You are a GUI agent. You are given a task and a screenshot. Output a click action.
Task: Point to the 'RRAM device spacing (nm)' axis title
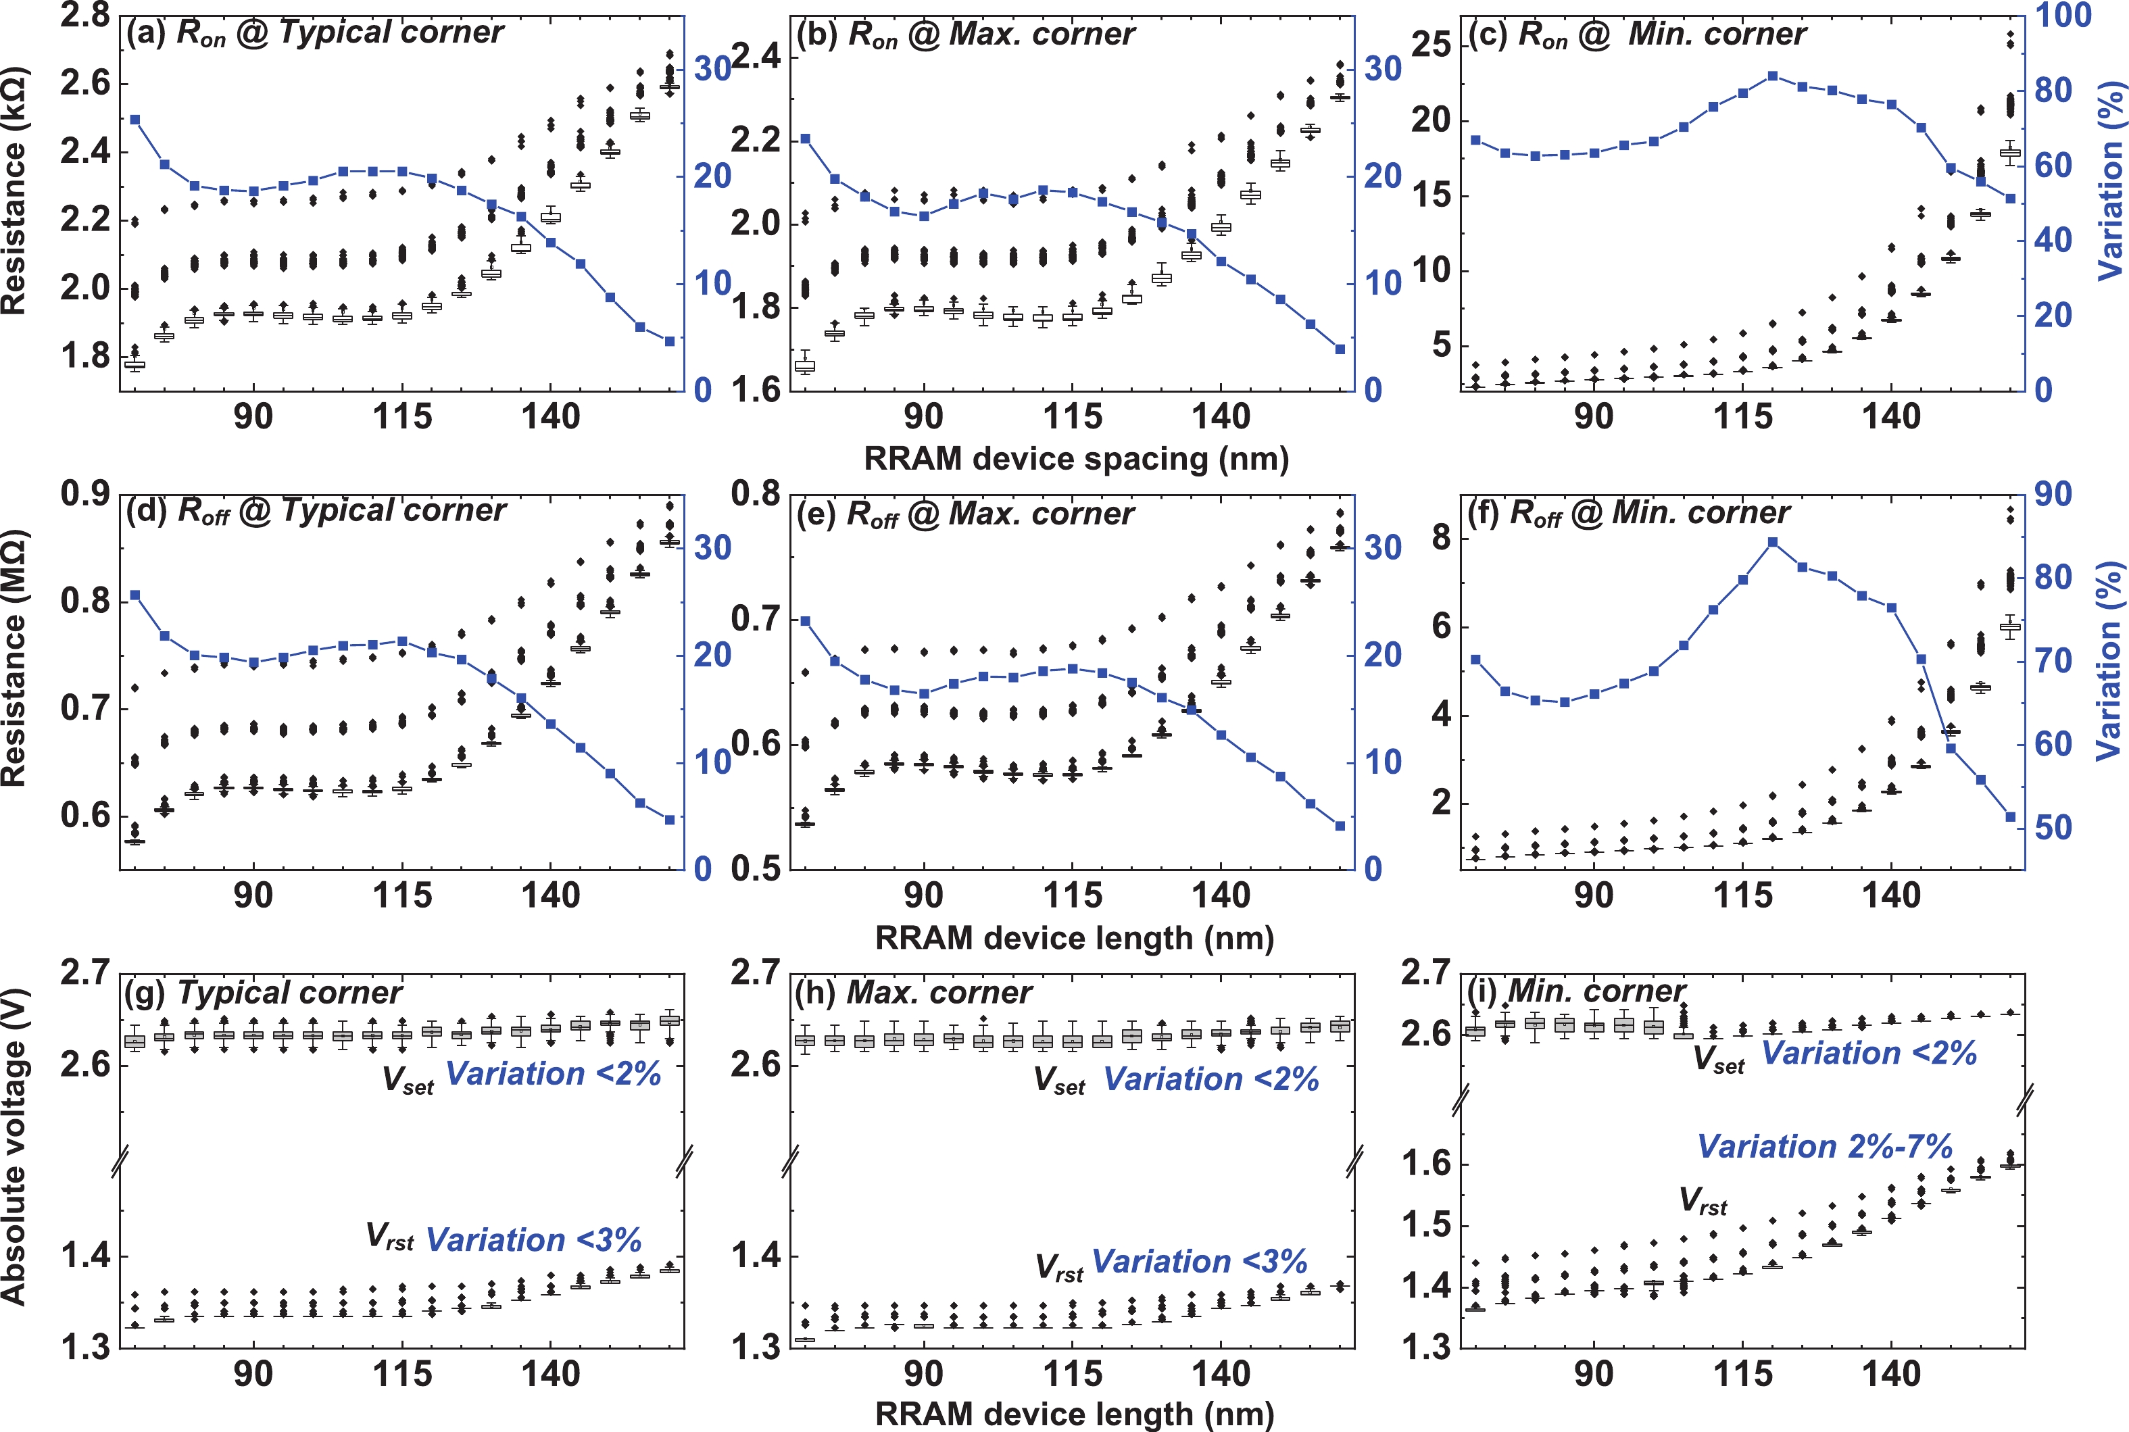[x=1076, y=458]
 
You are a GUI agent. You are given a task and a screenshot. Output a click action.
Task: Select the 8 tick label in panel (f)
[x=1441, y=538]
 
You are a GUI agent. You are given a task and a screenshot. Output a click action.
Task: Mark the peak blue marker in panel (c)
[x=1773, y=76]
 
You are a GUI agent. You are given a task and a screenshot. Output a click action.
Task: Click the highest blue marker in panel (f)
[x=1773, y=543]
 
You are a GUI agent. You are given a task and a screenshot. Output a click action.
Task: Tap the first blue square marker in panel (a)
[x=135, y=120]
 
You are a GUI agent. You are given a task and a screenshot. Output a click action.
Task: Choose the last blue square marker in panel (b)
[x=1340, y=349]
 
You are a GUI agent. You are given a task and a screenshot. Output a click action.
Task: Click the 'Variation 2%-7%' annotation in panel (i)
[x=1825, y=1146]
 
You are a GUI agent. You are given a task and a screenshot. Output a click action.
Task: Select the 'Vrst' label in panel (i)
[x=1703, y=1201]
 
